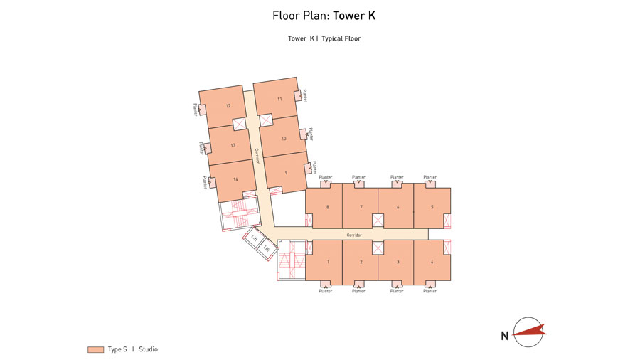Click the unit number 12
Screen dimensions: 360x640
pyautogui.click(x=228, y=106)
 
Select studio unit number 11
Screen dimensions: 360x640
pyautogui.click(x=280, y=99)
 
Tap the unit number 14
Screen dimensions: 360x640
pyautogui.click(x=235, y=180)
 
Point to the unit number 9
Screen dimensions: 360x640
pyautogui.click(x=286, y=171)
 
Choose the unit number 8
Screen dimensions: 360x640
pyautogui.click(x=327, y=207)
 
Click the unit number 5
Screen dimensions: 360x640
pyautogui.click(x=432, y=207)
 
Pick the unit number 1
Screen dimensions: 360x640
pyautogui.click(x=328, y=262)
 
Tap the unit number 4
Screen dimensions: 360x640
pyautogui.click(x=432, y=262)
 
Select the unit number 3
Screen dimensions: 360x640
pyautogui.click(x=398, y=262)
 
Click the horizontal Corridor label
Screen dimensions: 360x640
pyautogui.click(x=354, y=234)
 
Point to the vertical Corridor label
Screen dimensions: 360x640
pyautogui.click(x=255, y=156)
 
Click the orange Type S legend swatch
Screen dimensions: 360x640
pyautogui.click(x=95, y=349)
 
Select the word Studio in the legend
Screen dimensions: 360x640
pyautogui.click(x=148, y=349)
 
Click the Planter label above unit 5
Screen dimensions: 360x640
pyautogui.click(x=430, y=176)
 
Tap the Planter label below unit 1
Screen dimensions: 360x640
pyautogui.click(x=326, y=290)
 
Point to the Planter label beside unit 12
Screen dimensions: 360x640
pyautogui.click(x=195, y=110)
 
